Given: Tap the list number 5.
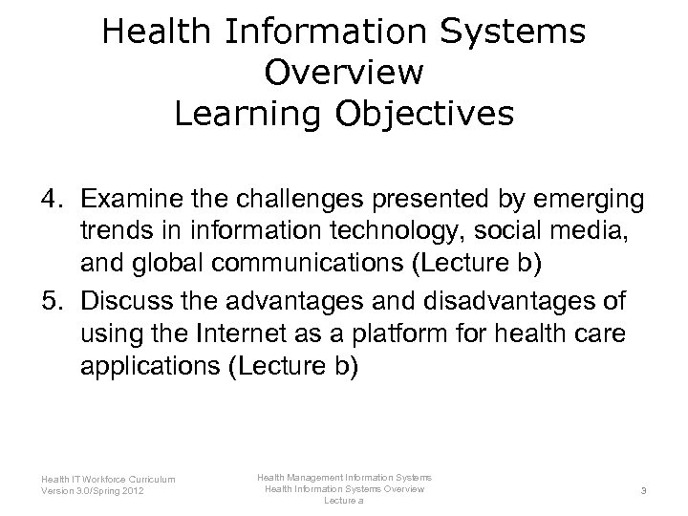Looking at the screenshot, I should click(52, 301).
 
